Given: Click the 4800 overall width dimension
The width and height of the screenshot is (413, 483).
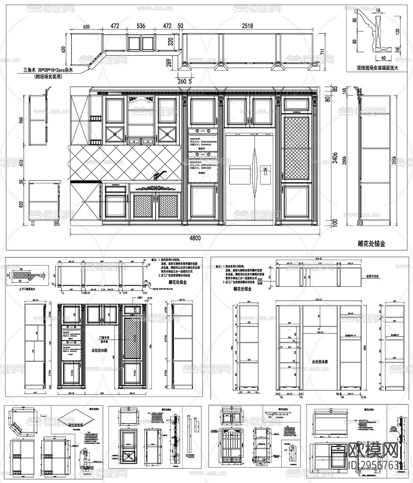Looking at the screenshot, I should (x=195, y=238).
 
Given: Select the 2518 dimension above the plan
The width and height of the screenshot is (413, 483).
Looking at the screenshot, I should (x=247, y=25).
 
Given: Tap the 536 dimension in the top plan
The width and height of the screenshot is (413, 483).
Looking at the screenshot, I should (x=141, y=25).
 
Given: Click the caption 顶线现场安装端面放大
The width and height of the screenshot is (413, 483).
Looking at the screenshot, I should (x=378, y=68).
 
